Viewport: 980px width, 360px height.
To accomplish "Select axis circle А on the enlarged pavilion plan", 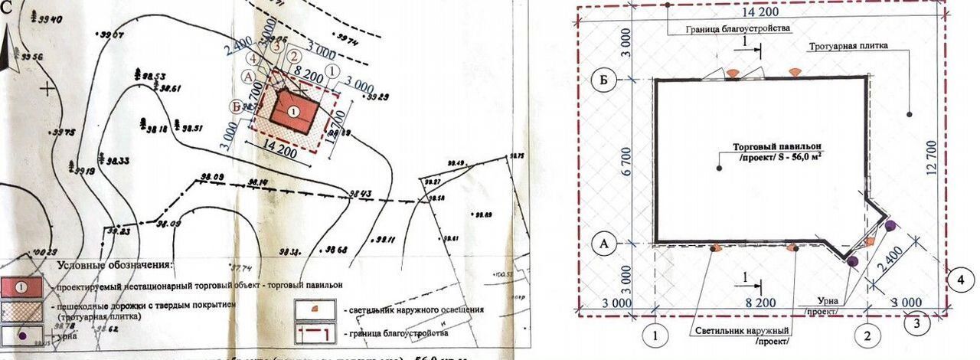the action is point(604,244).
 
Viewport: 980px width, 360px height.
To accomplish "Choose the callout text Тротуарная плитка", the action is point(848,46).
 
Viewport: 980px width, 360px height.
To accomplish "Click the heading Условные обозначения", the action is point(115,265).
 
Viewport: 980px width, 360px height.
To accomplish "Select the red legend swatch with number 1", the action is point(22,286).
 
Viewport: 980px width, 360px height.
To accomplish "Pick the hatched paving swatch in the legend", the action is point(22,310).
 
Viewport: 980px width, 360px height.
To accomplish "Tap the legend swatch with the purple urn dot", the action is point(22,335).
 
